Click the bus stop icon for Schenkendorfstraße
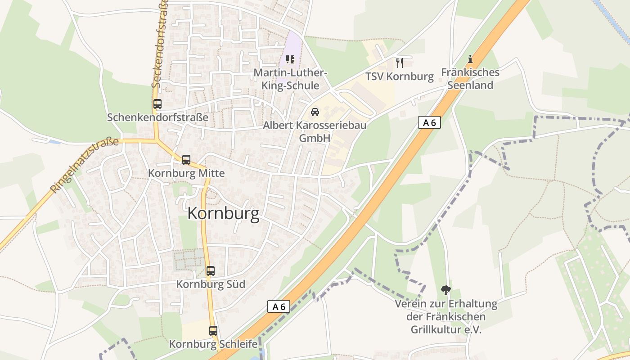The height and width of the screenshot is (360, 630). (157, 104)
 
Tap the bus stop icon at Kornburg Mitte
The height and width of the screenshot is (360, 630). (186, 160)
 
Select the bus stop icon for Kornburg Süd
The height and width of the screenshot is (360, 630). (211, 271)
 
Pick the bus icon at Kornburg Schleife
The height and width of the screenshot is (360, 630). (213, 331)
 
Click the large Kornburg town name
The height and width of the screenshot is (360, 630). (223, 213)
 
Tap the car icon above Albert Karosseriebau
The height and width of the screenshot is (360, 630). (315, 112)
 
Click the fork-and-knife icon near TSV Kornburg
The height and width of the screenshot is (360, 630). (399, 63)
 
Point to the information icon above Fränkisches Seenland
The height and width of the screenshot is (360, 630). (470, 59)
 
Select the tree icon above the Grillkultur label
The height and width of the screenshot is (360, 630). (446, 290)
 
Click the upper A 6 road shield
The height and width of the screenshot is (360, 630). (429, 122)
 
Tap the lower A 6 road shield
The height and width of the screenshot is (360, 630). (279, 306)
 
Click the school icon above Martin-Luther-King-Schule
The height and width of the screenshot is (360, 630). (290, 59)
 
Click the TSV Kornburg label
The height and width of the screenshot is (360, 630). (400, 76)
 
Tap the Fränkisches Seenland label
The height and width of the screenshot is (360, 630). (470, 79)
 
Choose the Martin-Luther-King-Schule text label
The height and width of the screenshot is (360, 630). (290, 79)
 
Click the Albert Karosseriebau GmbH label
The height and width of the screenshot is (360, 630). (315, 131)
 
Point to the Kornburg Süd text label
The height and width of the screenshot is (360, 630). (211, 284)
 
